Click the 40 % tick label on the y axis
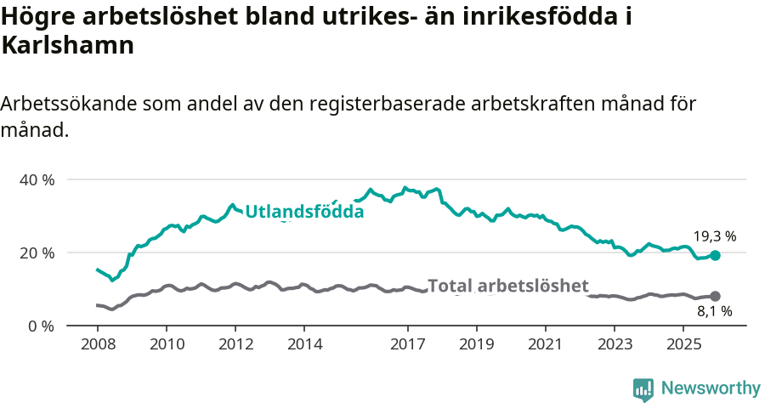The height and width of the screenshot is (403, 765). [x=37, y=180]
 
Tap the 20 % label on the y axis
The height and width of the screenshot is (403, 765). [x=37, y=253]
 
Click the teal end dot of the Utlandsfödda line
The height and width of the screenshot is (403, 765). [x=715, y=255]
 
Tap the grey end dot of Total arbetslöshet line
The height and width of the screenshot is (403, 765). [x=715, y=296]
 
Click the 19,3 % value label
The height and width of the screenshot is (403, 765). [x=714, y=236]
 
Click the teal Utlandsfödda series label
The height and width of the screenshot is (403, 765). [x=304, y=212]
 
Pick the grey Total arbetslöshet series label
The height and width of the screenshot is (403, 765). [x=507, y=286]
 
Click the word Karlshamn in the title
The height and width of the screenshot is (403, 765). [x=68, y=46]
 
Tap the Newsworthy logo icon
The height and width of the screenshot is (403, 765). [x=643, y=389]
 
